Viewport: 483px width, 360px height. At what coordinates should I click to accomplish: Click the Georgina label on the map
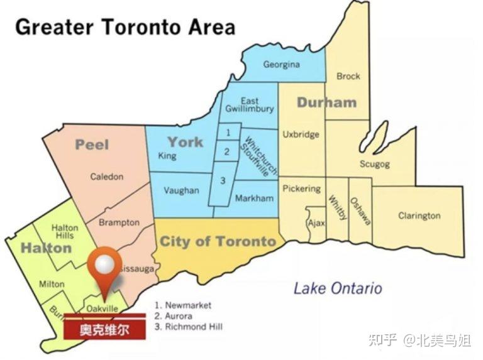click(281, 65)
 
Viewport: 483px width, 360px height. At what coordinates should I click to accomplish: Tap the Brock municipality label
click(348, 77)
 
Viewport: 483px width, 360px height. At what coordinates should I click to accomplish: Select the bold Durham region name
click(326, 102)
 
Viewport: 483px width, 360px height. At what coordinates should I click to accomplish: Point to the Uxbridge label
click(301, 134)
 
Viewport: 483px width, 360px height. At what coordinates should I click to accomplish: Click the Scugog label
click(374, 164)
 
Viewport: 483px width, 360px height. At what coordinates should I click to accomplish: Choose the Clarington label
click(419, 216)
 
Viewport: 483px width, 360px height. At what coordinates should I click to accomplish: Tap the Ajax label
click(315, 223)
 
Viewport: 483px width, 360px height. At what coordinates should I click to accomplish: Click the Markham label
click(254, 199)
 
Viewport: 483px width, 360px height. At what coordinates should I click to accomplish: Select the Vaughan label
click(181, 190)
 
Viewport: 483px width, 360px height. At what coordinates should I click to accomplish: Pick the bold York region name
click(185, 141)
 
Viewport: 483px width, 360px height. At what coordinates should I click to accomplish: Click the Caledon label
click(107, 177)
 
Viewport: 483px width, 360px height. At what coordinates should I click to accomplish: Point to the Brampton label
click(119, 223)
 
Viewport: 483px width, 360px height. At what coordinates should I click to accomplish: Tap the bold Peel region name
click(92, 145)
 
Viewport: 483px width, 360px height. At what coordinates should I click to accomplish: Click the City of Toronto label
click(218, 242)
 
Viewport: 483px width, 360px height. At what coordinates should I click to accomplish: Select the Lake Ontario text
click(338, 288)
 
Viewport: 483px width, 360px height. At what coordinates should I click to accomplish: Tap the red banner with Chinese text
click(104, 330)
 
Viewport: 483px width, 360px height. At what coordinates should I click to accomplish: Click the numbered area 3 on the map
click(222, 181)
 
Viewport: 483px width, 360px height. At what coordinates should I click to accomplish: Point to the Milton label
click(52, 284)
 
